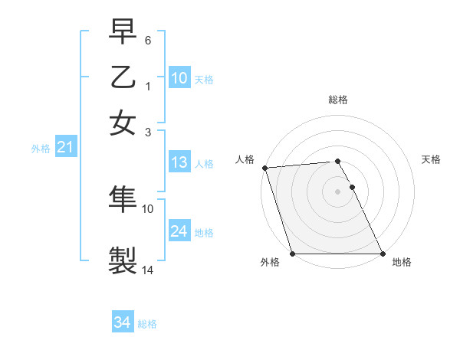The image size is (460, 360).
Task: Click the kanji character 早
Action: [123, 32]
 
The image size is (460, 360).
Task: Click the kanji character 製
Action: [123, 260]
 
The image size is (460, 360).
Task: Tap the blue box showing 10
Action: [179, 78]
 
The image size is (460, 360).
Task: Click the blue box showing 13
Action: [179, 162]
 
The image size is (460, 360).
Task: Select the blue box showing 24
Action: [179, 231]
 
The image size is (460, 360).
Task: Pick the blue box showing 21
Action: [64, 148]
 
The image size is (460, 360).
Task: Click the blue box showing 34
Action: [123, 322]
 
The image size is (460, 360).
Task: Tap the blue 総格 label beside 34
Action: [147, 324]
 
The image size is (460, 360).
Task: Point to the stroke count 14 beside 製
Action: [148, 270]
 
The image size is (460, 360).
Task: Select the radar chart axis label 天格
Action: [431, 159]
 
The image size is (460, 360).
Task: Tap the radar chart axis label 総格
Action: [337, 100]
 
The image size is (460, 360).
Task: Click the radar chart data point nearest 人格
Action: [264, 168]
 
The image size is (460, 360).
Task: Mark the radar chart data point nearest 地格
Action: [382, 254]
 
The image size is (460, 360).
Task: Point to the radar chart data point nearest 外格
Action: [293, 254]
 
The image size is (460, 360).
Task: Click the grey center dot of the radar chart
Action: [337, 191]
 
